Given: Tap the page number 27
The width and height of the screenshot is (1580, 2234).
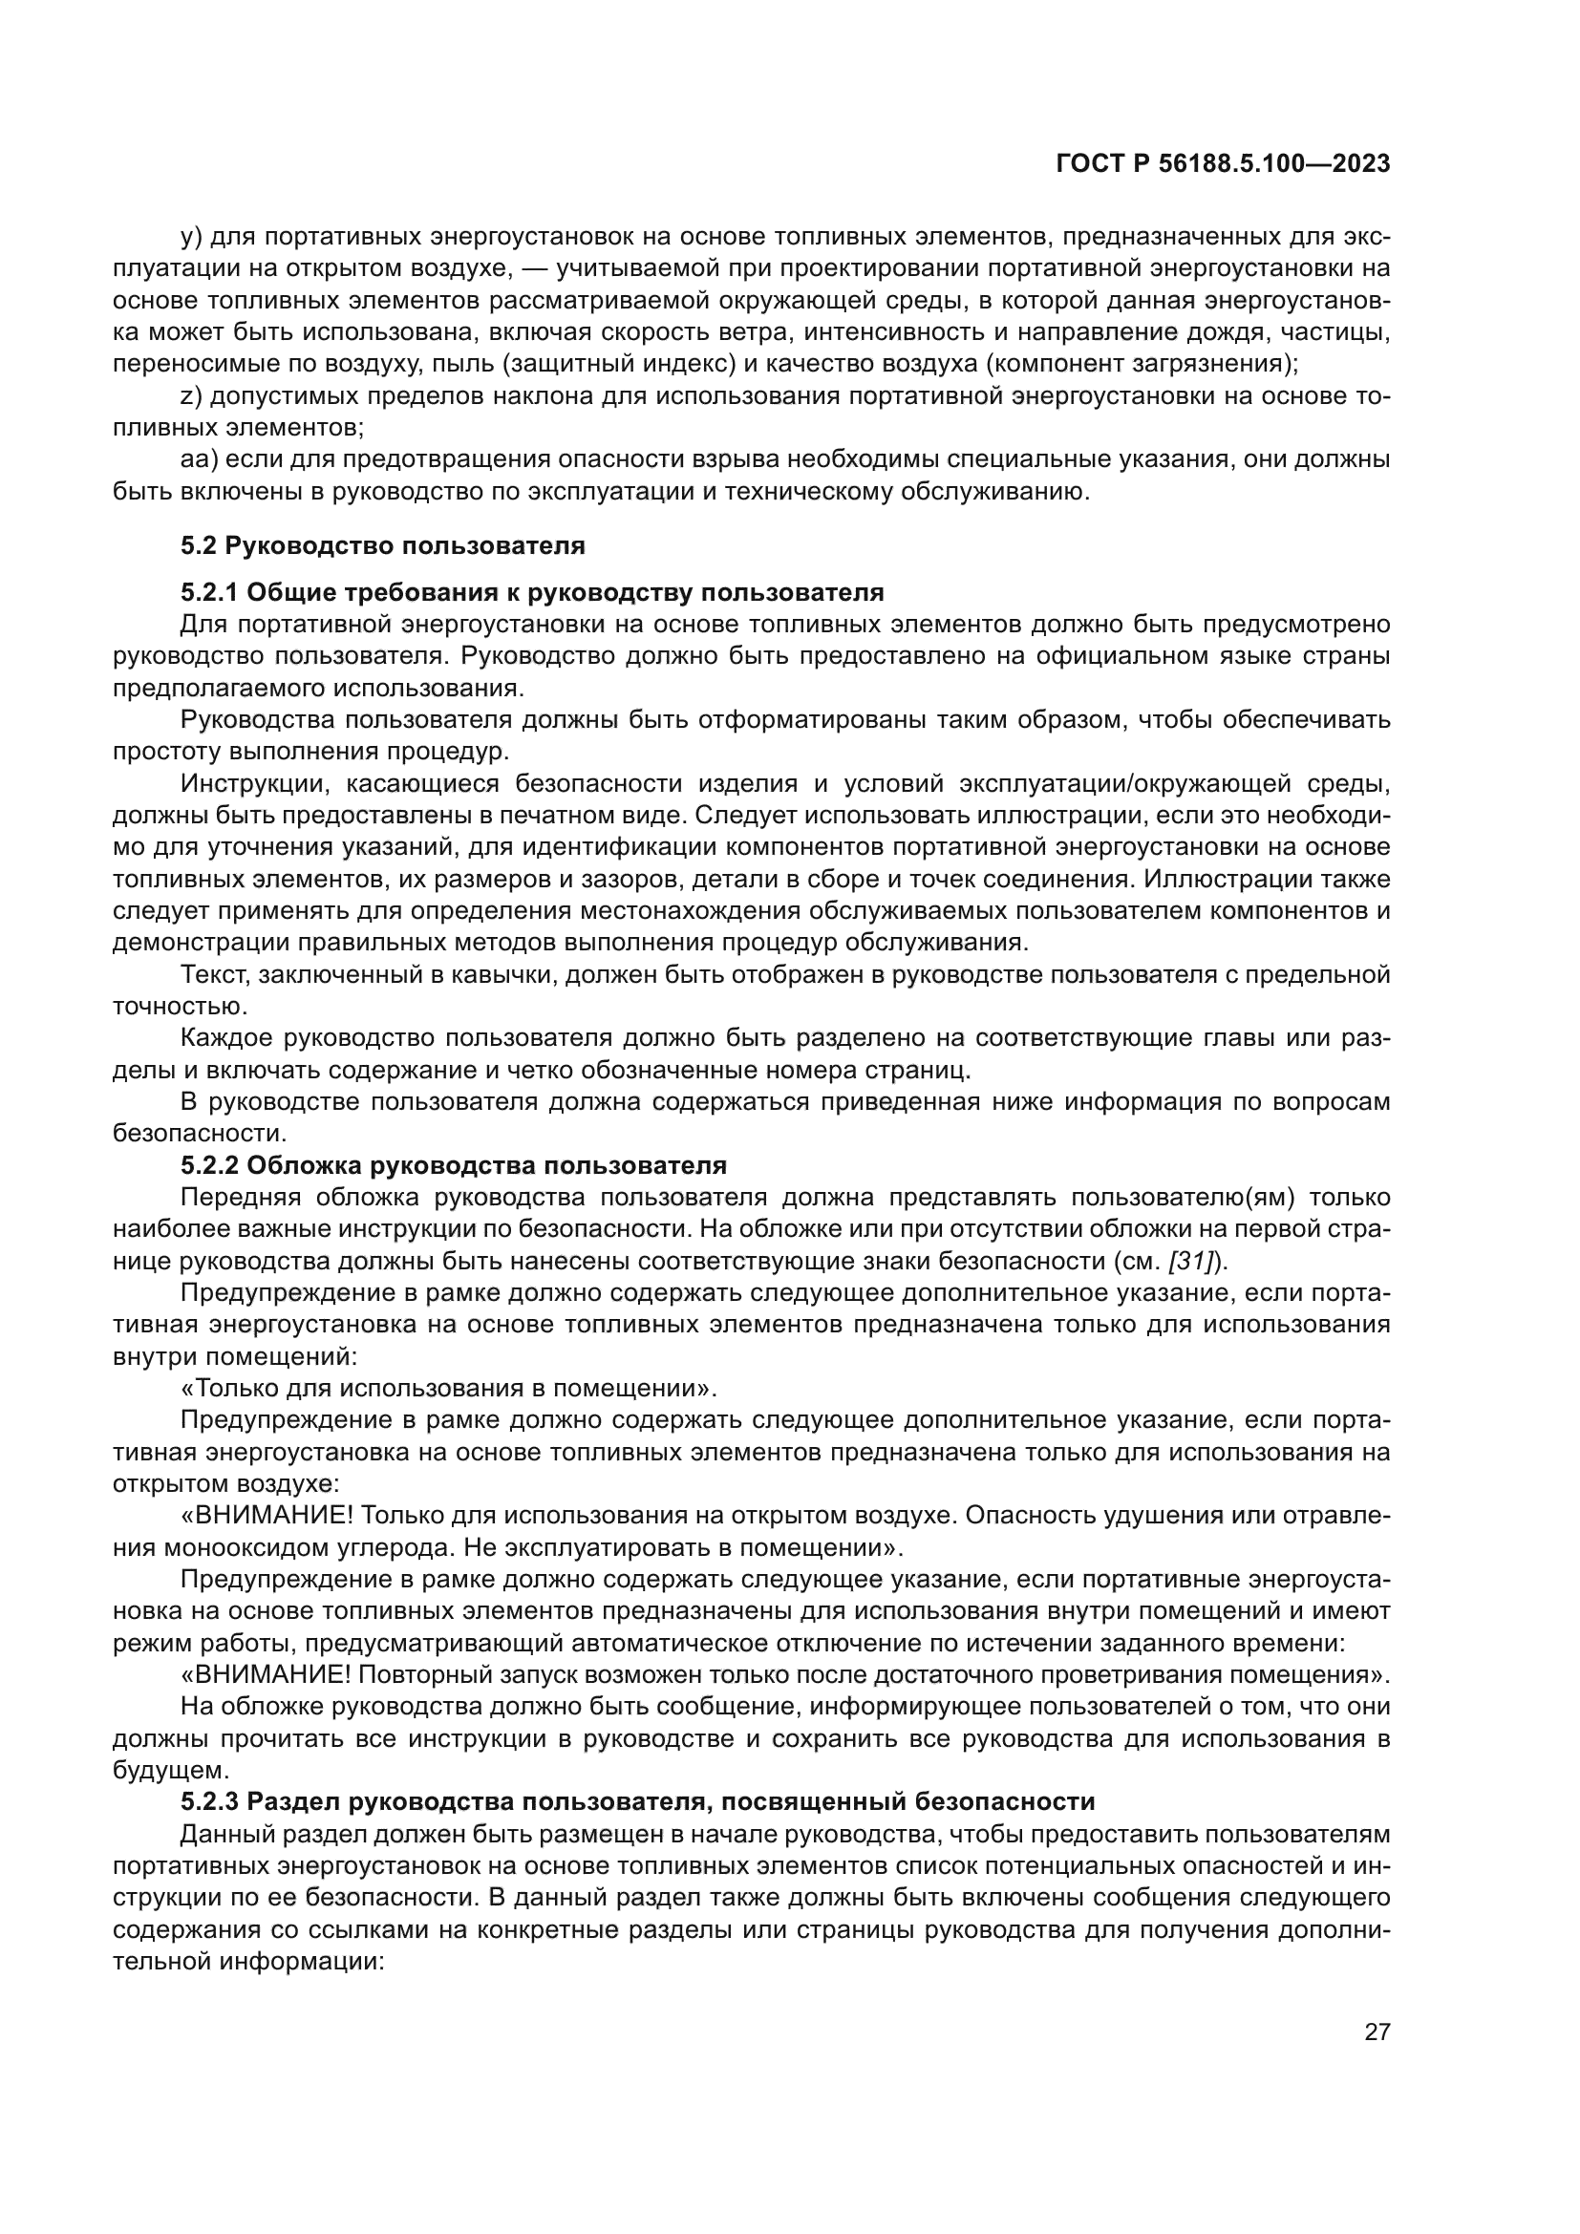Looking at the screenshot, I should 1377,2032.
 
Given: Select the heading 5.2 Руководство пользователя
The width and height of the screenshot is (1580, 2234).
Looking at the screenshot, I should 382,546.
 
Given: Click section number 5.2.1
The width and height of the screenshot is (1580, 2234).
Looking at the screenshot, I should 209,592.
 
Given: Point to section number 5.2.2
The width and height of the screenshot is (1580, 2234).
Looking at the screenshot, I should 209,1165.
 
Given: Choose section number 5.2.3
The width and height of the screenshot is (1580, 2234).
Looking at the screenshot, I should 209,1802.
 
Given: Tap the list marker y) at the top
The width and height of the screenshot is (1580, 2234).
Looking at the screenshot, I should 191,237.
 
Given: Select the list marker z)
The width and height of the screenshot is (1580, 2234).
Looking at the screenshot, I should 190,396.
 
